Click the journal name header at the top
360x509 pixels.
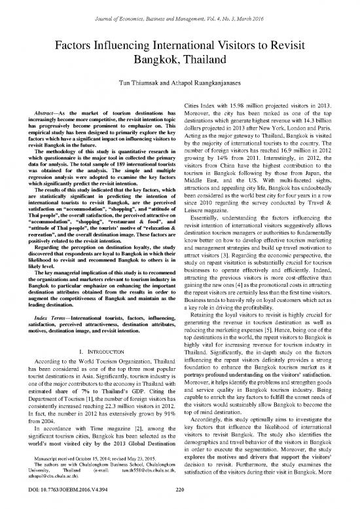[x=179, y=8]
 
